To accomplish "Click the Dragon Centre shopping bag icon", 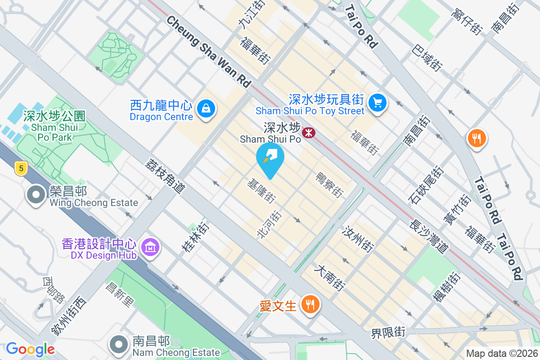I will (x=206, y=108).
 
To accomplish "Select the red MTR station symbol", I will (x=309, y=132).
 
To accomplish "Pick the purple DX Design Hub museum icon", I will (x=149, y=247).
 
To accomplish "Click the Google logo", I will (x=30, y=349).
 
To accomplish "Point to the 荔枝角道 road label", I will (x=165, y=175).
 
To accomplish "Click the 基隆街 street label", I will (x=261, y=191).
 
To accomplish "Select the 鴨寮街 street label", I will (x=330, y=184).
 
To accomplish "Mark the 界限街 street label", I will (x=388, y=333).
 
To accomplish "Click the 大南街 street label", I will (x=330, y=277).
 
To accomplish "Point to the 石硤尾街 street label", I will (x=426, y=185).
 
